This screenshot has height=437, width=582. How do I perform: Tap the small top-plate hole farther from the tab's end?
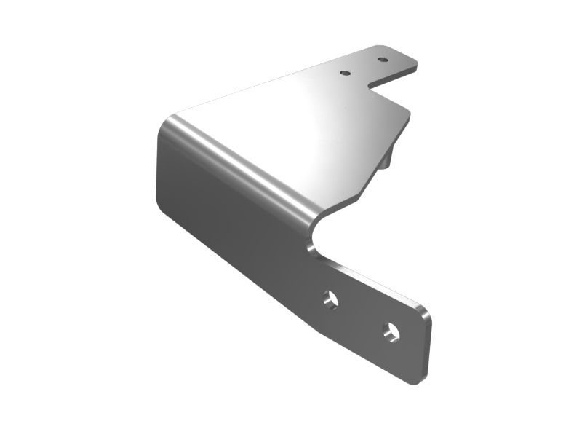(346, 73)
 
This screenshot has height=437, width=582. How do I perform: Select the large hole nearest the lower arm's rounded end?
(392, 331)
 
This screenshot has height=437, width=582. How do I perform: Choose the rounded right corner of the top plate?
(407, 113)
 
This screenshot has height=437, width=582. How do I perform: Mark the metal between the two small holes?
(364, 66)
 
